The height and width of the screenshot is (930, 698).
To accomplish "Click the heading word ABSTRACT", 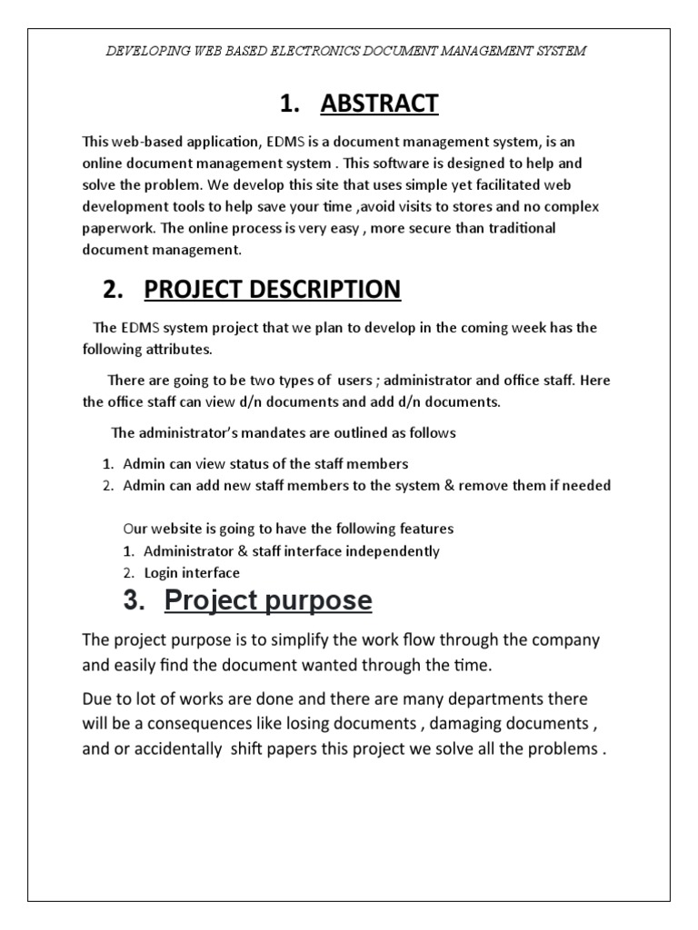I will (x=379, y=104).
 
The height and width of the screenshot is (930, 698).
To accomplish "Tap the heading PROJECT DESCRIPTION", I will (x=272, y=289).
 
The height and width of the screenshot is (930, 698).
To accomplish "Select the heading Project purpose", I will (x=267, y=600).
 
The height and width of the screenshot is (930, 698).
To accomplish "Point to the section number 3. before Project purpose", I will (x=134, y=600).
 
